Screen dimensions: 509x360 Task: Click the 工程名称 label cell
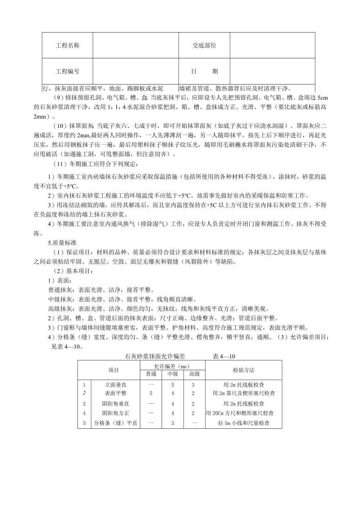coord(67,45)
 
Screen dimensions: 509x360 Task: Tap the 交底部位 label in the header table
coord(204,45)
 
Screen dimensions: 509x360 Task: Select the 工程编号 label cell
coord(67,71)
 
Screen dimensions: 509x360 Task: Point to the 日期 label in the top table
coord(204,71)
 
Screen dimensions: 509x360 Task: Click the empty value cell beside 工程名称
coord(135,45)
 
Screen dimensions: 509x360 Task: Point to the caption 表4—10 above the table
coord(224,356)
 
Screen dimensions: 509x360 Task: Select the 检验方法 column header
coord(243,370)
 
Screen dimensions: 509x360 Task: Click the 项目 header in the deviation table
coord(113,370)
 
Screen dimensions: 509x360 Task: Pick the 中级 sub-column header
coord(173,374)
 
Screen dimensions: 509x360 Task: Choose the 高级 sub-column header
coord(194,374)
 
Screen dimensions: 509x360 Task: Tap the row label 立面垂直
coord(115,385)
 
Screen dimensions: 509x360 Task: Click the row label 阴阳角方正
coord(115,413)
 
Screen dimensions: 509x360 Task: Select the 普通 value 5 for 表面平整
coord(151,393)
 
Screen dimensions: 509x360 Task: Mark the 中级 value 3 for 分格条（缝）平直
coord(173,423)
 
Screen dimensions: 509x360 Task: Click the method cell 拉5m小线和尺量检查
coord(243,423)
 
